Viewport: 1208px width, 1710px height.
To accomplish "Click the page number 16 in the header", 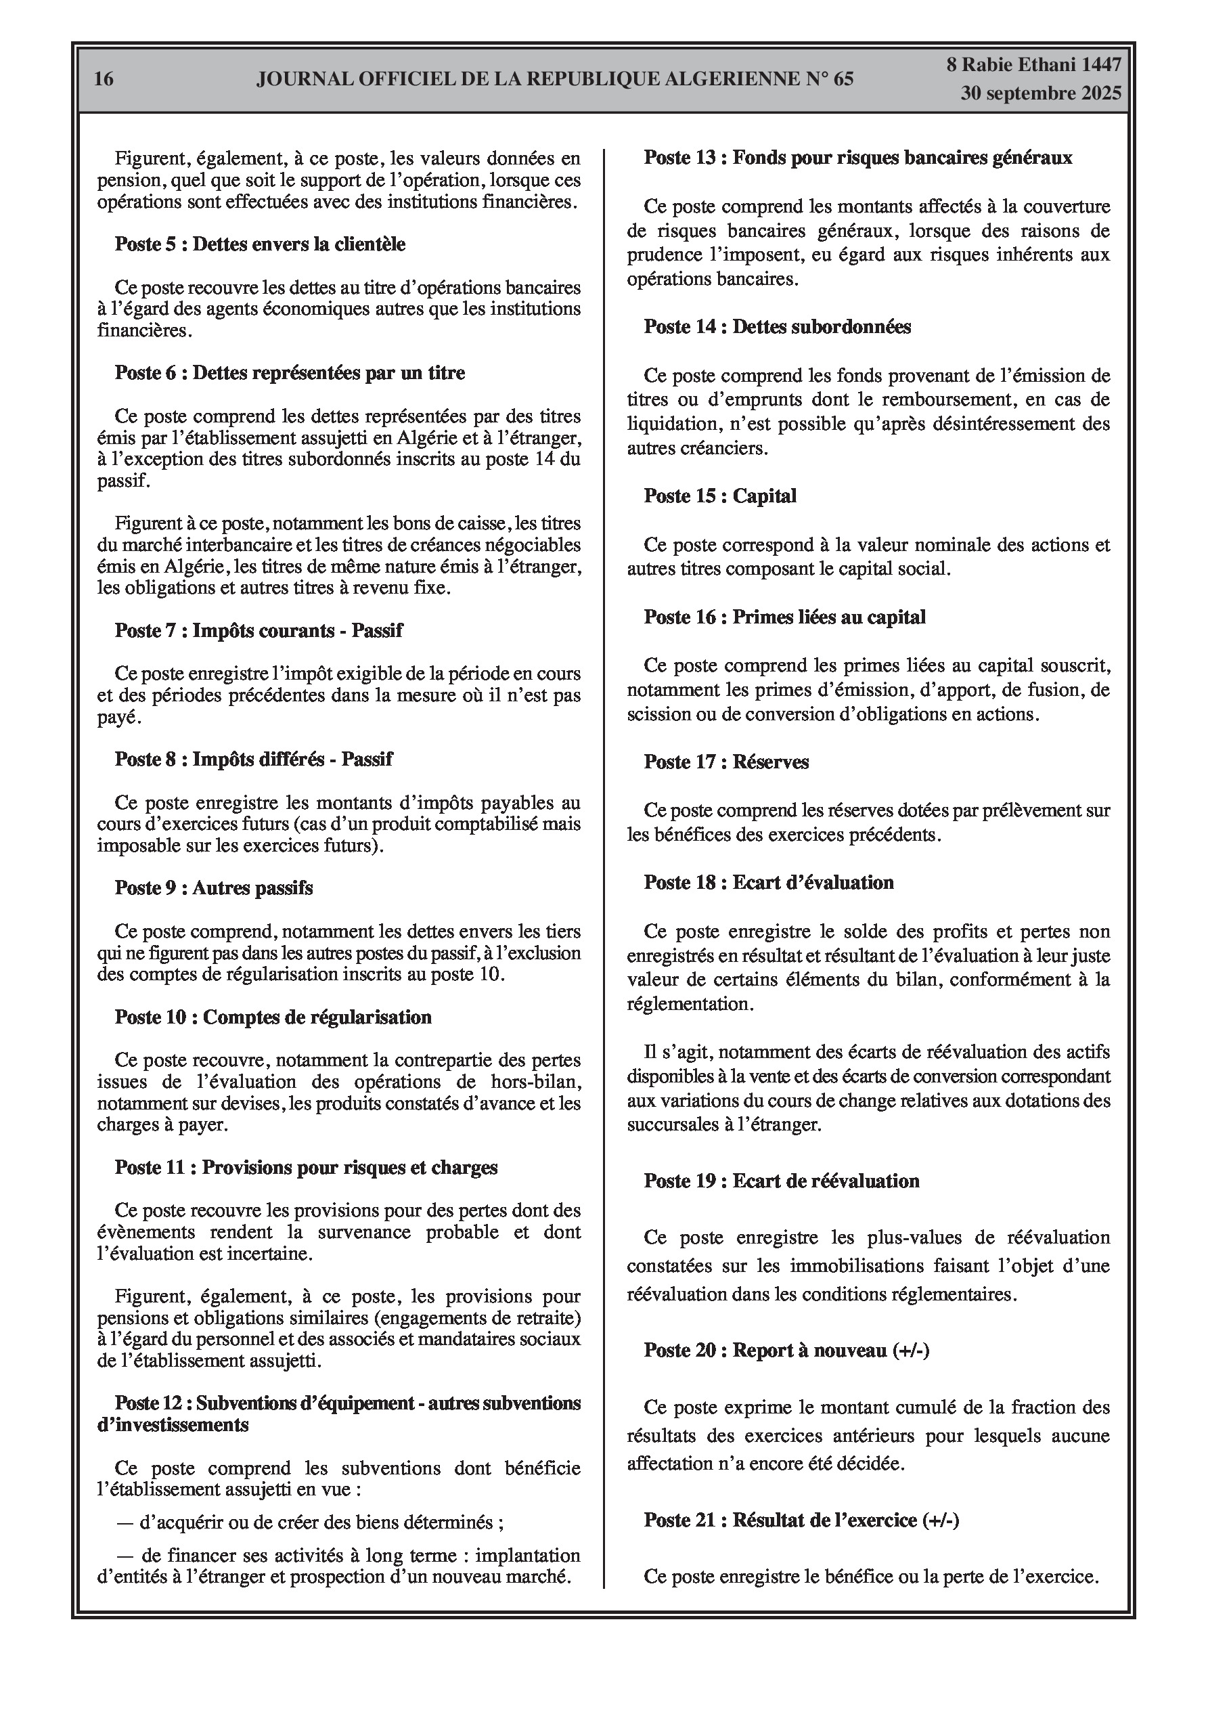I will [104, 79].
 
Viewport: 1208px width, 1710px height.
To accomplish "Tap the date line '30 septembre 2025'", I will [1039, 94].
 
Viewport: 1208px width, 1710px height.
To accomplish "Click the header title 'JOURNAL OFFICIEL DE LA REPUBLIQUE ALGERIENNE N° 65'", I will [555, 80].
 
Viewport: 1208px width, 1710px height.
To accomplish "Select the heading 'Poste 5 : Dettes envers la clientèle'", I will [260, 244].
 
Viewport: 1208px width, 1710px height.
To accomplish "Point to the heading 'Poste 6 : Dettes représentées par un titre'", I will [290, 372].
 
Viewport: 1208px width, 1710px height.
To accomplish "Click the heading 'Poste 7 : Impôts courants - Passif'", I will [259, 631].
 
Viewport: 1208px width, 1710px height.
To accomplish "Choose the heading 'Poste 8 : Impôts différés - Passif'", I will [253, 760].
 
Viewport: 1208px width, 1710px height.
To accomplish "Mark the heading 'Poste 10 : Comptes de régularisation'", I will [273, 1017].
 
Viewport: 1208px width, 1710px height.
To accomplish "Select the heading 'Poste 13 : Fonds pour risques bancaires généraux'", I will [858, 158].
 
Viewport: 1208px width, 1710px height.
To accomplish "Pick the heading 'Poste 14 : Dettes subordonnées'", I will [778, 327].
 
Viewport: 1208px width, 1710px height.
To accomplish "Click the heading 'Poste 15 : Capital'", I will [720, 496].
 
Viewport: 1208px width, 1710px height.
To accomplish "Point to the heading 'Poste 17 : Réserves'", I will [726, 762].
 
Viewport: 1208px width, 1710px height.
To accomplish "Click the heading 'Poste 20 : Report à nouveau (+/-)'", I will [786, 1351].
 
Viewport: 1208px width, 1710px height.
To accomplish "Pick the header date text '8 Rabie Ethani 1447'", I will [1033, 65].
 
